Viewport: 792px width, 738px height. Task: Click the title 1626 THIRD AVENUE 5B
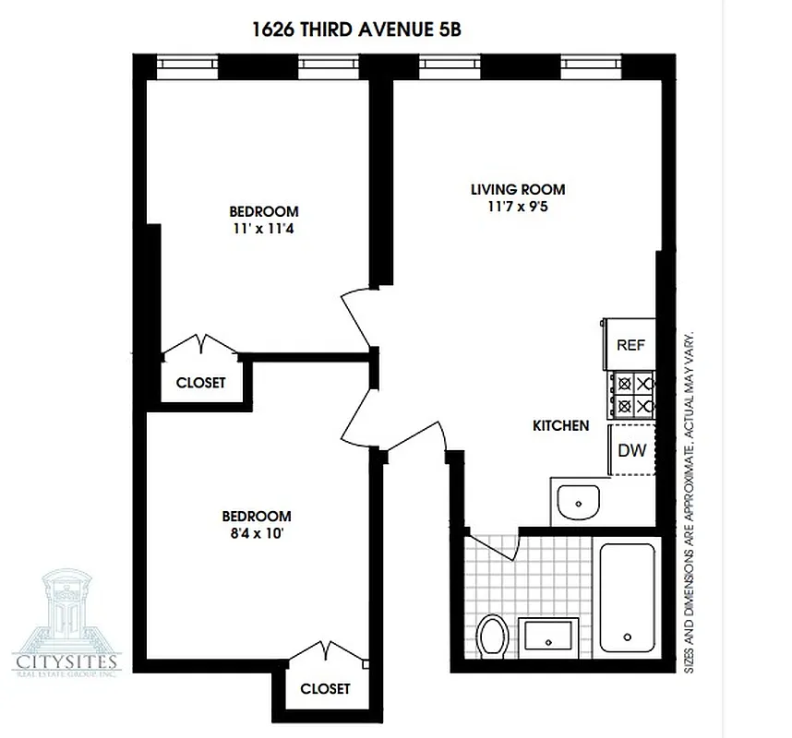pyautogui.click(x=356, y=29)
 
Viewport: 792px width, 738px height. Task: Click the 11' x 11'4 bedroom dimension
pyautogui.click(x=264, y=227)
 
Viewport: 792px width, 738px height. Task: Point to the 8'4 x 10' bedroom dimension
pyautogui.click(x=257, y=532)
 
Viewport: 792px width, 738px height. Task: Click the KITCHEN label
pyautogui.click(x=560, y=426)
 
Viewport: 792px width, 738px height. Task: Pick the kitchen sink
pyautogui.click(x=579, y=503)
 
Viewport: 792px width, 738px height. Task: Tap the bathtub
pyautogui.click(x=628, y=597)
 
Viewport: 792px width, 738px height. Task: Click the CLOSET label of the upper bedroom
pyautogui.click(x=200, y=383)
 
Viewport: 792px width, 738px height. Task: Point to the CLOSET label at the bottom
pyautogui.click(x=325, y=688)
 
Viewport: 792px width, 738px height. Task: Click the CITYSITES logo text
pyautogui.click(x=66, y=661)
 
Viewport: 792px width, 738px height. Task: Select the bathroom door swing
pyautogui.click(x=495, y=547)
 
